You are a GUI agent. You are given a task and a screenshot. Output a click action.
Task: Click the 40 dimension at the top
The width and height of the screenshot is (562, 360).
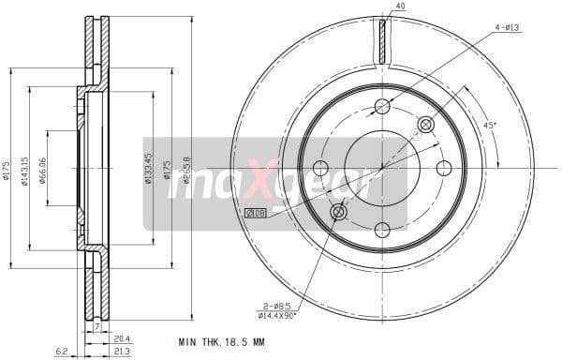point(400,7)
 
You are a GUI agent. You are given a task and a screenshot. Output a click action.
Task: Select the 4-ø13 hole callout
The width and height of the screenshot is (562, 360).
point(506,27)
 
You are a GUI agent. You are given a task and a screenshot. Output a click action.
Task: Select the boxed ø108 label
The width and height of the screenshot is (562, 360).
point(255,215)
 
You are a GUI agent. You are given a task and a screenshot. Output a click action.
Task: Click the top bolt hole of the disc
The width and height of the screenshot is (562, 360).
point(382,106)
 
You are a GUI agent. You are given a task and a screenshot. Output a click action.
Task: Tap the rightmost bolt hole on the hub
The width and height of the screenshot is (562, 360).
point(444,169)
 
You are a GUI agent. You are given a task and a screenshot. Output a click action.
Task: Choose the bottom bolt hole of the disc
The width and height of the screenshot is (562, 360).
point(382,231)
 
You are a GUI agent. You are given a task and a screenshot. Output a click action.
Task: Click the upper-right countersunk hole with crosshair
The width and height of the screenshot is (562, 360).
point(426,124)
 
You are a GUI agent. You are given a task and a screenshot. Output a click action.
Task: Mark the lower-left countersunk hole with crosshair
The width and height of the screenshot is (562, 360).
point(338,213)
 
